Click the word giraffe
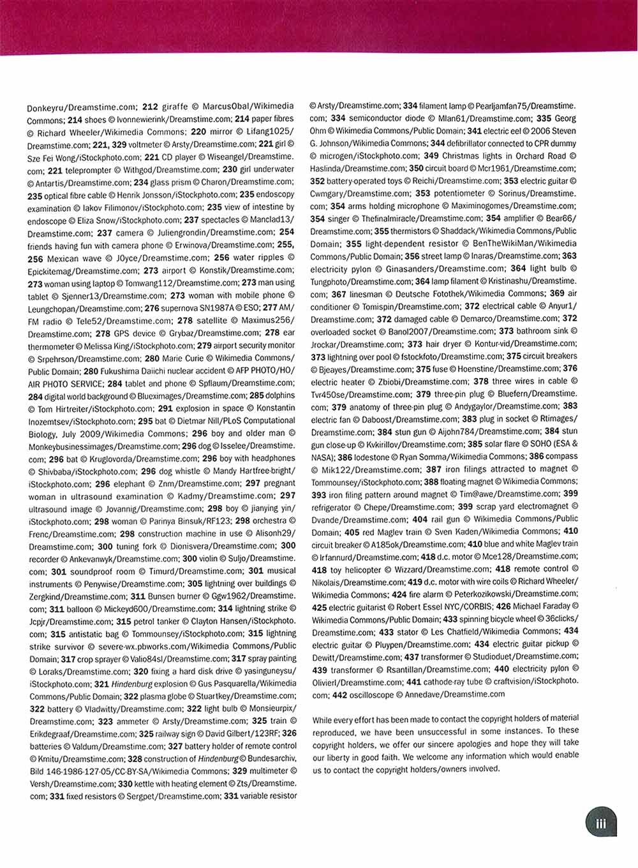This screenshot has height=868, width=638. pos(174,107)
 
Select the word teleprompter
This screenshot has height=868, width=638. pos(87,170)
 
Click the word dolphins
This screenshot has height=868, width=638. pos(280,395)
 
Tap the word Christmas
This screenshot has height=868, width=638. pos(465,156)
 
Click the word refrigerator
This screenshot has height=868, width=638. pos(331,508)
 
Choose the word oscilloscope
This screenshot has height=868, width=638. pos(372,695)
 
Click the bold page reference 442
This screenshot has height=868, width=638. pos(339,695)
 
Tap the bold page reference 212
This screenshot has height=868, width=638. pos(150,107)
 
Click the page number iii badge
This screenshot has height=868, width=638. pos(600,823)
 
